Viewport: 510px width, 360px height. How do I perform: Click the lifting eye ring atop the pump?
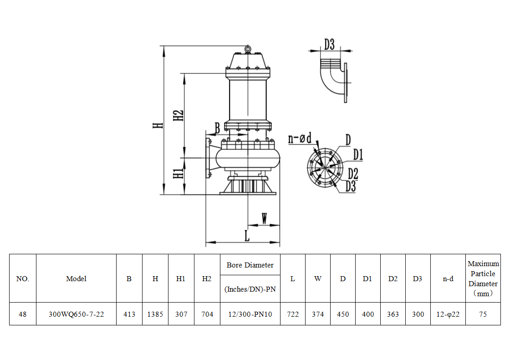coord(247,49)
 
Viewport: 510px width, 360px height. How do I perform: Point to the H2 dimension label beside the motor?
coord(179,115)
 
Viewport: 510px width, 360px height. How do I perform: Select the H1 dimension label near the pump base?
coord(178,173)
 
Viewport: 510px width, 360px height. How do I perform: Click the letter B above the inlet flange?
coord(217,128)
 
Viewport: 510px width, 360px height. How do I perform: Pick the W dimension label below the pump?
coord(264,219)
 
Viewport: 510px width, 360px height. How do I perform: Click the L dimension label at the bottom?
coord(246,236)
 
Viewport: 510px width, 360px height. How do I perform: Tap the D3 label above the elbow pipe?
coord(329,44)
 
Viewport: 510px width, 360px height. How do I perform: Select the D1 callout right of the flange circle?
coord(358,155)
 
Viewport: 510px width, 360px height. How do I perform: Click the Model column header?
coord(76,278)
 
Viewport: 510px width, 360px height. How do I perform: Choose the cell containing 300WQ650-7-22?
coord(76,314)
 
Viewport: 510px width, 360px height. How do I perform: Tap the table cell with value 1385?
coord(155,314)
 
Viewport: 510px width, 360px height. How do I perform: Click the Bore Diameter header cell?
coord(250,265)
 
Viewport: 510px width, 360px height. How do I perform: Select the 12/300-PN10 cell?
coord(250,314)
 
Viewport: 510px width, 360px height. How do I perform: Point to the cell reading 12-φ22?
coord(448,314)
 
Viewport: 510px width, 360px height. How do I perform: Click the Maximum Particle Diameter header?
coord(483,278)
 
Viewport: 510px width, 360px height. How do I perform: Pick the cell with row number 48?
coord(22,314)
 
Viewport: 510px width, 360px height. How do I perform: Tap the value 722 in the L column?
coord(292,314)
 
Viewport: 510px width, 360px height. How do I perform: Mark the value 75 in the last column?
coord(483,314)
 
